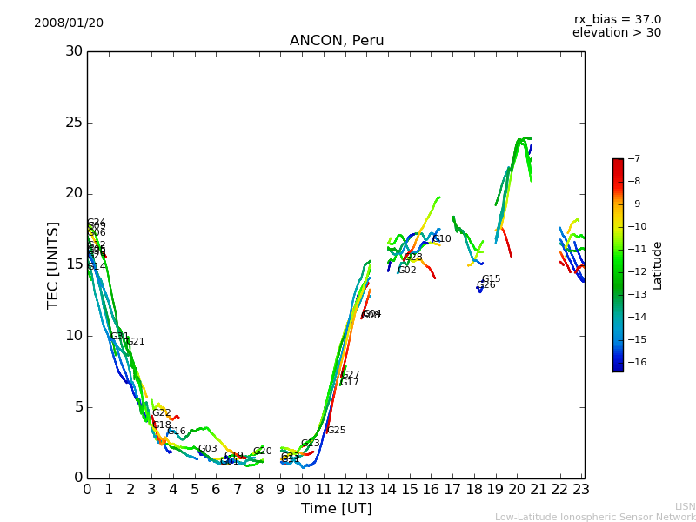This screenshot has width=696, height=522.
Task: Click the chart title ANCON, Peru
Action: (x=337, y=41)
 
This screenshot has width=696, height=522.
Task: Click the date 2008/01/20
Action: (x=69, y=23)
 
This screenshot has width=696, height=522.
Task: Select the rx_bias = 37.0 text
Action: (x=617, y=19)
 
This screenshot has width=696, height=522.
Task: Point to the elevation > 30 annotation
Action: (x=616, y=33)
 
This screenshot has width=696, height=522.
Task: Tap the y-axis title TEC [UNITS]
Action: (x=53, y=264)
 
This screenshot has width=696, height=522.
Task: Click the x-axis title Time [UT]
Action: (x=336, y=508)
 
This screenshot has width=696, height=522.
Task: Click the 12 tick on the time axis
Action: (x=345, y=489)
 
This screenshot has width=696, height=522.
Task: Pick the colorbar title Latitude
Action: (x=658, y=264)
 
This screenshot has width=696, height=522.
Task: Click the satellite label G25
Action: (x=336, y=431)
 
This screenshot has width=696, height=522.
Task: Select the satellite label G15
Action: (x=491, y=279)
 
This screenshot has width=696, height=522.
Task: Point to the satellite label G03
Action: (x=207, y=449)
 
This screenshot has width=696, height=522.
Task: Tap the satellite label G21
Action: (x=135, y=342)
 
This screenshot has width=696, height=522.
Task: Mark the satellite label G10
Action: (x=442, y=239)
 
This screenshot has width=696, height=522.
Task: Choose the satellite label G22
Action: (x=161, y=413)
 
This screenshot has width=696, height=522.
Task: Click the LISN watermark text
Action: (x=685, y=506)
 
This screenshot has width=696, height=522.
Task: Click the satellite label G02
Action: (x=406, y=271)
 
